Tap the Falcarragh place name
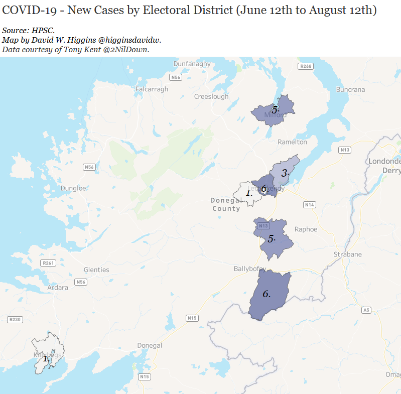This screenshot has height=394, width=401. tap(152, 89)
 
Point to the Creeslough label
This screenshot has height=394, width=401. tap(211, 96)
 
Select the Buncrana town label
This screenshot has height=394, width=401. tap(350, 90)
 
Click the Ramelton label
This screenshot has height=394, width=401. tap(292, 142)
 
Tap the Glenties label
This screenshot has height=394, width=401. tap(96, 270)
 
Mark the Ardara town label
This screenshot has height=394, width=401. tap(57, 288)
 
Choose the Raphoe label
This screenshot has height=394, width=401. tap(306, 229)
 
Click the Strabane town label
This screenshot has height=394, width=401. tap(347, 254)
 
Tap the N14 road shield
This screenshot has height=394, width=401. tap(310, 205)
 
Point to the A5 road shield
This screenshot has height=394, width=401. tap(367, 310)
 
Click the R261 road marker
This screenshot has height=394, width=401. tap(49, 263)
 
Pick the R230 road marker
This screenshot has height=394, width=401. tap(15, 319)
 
